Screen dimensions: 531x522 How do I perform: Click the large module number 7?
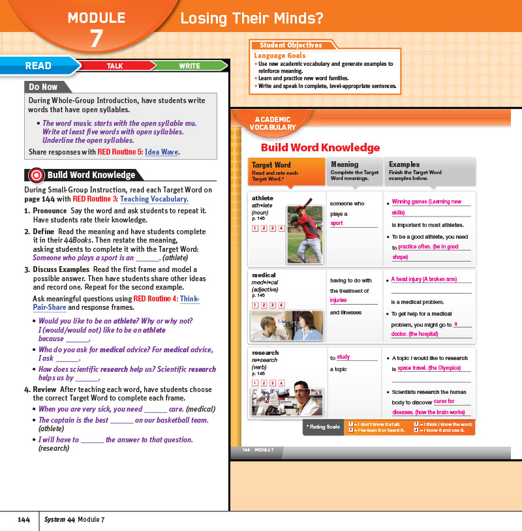(x=96, y=38)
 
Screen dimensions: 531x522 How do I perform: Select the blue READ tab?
(x=38, y=66)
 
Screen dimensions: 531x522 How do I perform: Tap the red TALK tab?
(x=115, y=66)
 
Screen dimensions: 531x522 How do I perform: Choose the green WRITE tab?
(x=189, y=66)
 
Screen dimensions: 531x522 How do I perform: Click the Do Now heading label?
(x=44, y=87)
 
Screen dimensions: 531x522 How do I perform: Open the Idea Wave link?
(x=162, y=153)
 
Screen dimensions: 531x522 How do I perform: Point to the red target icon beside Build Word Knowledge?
(x=37, y=175)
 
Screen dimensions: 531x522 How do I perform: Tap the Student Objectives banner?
(x=291, y=46)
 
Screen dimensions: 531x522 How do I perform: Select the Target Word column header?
(x=286, y=172)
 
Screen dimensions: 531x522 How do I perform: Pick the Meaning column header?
(x=356, y=172)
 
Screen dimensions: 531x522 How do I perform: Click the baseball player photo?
(x=305, y=235)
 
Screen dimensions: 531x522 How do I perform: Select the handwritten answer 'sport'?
(x=337, y=224)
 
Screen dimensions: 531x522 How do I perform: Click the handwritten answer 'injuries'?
(x=339, y=301)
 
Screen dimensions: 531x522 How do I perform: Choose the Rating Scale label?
(x=324, y=427)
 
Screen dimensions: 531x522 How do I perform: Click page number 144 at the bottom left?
(x=23, y=519)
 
